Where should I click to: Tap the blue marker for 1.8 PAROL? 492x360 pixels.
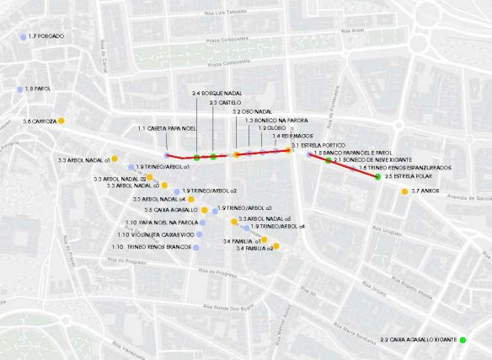[19, 89]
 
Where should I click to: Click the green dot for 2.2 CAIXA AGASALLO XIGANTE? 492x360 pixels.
[463, 340]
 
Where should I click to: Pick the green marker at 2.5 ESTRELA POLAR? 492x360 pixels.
[377, 177]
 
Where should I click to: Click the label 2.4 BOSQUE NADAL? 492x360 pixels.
[217, 92]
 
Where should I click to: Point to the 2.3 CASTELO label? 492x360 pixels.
[225, 102]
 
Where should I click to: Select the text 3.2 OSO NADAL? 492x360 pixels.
[252, 111]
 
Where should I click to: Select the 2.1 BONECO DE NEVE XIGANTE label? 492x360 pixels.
[372, 159]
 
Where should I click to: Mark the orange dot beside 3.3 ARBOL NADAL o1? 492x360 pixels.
[115, 159]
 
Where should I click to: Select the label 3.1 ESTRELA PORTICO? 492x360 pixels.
[318, 146]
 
